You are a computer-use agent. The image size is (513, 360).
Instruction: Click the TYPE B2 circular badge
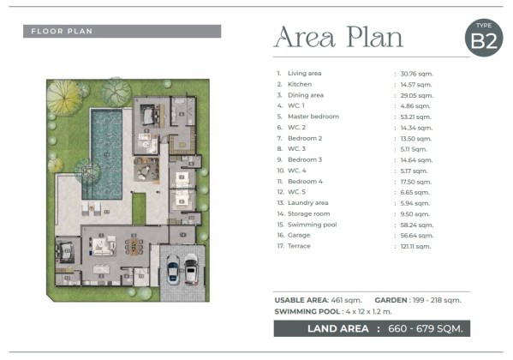[484, 38]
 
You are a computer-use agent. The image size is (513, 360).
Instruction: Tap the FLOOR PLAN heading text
[62, 32]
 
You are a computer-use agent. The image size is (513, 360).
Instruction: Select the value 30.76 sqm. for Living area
[416, 74]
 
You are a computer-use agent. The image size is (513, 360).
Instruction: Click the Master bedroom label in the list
[313, 117]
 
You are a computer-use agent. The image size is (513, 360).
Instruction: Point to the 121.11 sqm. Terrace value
[415, 247]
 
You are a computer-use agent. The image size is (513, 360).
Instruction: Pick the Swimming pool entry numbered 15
[307, 225]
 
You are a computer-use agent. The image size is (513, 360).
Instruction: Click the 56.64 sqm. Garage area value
[417, 236]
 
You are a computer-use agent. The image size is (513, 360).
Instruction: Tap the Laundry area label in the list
[307, 203]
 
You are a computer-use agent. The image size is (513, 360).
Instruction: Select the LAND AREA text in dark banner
[338, 328]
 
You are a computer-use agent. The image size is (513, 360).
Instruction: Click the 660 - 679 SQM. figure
[426, 328]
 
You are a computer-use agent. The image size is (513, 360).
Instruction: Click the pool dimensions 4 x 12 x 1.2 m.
[368, 311]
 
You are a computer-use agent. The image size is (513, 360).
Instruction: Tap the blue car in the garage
[173, 269]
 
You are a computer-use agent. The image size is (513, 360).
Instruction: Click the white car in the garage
[191, 268]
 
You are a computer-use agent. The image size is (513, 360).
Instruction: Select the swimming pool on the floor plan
[106, 154]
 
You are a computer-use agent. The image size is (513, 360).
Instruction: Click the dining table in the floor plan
[134, 247]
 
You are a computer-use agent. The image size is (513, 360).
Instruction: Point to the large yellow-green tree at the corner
[64, 98]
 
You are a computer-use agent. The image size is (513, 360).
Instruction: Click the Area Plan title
[338, 38]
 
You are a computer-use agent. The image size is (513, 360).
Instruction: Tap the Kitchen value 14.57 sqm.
[416, 85]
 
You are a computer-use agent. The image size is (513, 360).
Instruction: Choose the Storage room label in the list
[309, 214]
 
